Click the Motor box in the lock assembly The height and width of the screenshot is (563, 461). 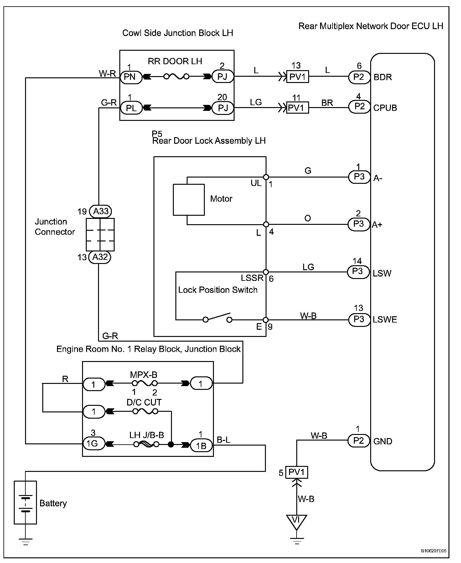click(189, 200)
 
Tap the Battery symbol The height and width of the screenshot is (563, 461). click(25, 503)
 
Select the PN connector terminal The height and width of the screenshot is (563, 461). click(130, 76)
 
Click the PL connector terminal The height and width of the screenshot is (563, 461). click(131, 108)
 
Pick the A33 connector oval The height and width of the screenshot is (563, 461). click(101, 211)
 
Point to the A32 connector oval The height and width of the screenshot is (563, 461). click(100, 257)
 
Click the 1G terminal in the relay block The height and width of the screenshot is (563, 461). click(93, 443)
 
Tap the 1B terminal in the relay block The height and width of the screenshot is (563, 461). click(201, 445)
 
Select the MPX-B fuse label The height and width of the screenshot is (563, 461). click(144, 374)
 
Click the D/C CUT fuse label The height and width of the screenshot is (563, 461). click(144, 402)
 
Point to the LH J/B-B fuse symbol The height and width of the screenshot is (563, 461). click(146, 444)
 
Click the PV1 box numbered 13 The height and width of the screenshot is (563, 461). click(298, 76)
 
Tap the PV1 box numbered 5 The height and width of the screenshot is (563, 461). click(296, 472)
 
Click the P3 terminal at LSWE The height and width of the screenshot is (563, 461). click(359, 319)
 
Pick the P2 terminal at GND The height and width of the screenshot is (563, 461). click(359, 441)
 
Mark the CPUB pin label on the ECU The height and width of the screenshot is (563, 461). click(385, 108)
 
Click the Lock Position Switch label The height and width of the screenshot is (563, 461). click(218, 290)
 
